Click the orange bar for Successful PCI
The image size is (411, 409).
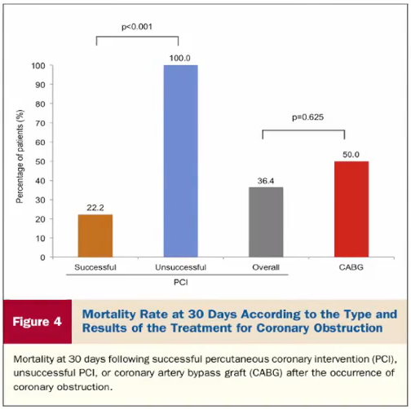click(x=95, y=235)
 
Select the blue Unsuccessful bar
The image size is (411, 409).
click(x=180, y=161)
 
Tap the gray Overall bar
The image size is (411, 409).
click(x=266, y=222)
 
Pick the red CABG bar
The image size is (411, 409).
click(x=351, y=209)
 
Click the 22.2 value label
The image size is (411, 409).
click(x=95, y=208)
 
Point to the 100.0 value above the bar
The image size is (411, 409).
click(x=179, y=58)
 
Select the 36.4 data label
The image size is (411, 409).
click(x=266, y=181)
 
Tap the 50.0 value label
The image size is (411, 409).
click(x=351, y=155)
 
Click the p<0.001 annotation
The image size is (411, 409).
click(x=137, y=27)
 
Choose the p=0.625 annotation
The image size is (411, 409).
click(x=307, y=117)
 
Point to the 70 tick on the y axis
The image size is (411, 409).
click(x=40, y=123)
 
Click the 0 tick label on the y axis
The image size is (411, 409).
click(x=42, y=257)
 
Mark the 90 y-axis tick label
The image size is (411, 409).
click(x=40, y=85)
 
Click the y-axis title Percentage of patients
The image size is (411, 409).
click(x=20, y=156)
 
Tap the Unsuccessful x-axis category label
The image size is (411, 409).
click(x=180, y=267)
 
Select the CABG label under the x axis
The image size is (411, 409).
click(x=351, y=267)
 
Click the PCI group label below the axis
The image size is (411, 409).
click(x=180, y=283)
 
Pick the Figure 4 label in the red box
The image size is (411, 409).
click(x=38, y=322)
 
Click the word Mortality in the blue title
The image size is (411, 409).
click(x=109, y=314)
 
